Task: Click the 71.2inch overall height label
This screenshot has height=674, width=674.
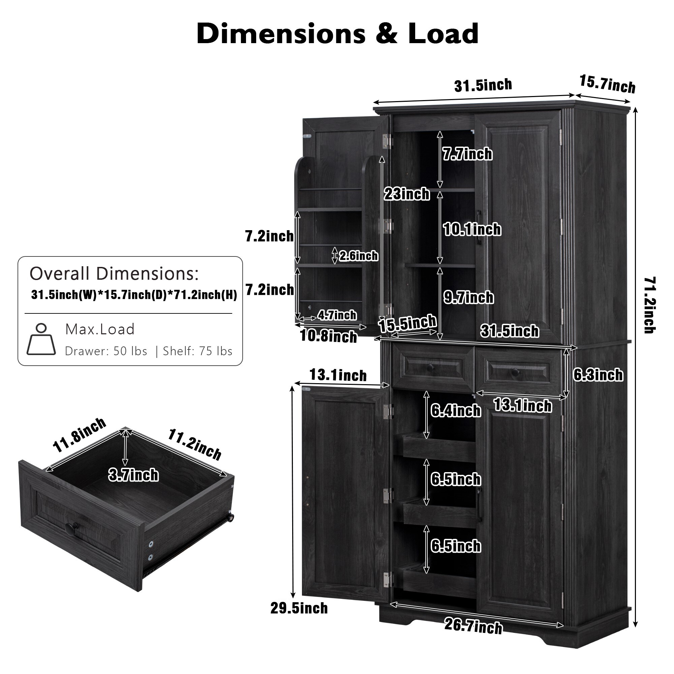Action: (649, 305)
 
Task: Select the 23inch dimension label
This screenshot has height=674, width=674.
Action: (407, 194)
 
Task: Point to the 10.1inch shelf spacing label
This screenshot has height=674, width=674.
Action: (472, 229)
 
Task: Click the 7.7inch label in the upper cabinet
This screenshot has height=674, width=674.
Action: (467, 154)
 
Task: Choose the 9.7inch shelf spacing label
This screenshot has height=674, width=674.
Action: (468, 297)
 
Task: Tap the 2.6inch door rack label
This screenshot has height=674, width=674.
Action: (359, 256)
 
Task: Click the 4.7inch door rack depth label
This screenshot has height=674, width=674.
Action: (337, 315)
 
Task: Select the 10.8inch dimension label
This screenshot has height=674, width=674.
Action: (329, 337)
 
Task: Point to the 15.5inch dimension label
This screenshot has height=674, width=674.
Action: (407, 323)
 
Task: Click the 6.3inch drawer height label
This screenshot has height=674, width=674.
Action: (598, 375)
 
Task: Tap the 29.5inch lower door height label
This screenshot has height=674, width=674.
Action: (299, 608)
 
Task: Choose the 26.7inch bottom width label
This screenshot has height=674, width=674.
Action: (473, 626)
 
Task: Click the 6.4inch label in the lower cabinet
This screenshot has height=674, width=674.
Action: (456, 410)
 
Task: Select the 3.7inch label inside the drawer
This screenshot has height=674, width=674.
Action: (133, 475)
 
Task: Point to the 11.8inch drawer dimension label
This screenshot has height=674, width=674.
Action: (79, 435)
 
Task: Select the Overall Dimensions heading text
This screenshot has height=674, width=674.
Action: (114, 274)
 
